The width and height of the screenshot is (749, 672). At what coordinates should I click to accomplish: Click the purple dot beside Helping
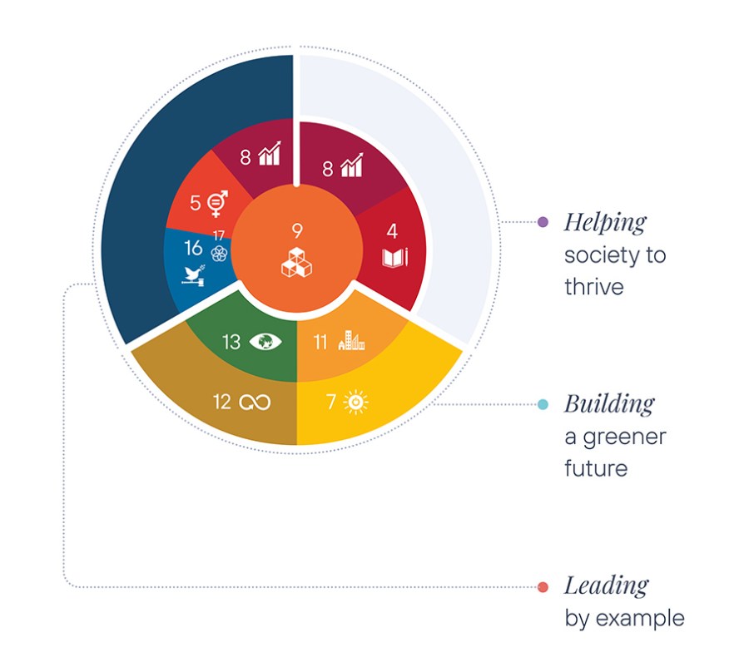pyautogui.click(x=543, y=222)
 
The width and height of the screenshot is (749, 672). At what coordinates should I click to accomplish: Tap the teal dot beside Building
pyautogui.click(x=543, y=404)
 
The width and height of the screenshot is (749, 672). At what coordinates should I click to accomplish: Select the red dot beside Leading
pyautogui.click(x=543, y=587)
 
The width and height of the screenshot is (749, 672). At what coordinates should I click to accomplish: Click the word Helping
pyautogui.click(x=605, y=223)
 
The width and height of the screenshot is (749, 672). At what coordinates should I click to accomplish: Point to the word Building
pyautogui.click(x=609, y=403)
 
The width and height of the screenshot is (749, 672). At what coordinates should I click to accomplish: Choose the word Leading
pyautogui.click(x=606, y=586)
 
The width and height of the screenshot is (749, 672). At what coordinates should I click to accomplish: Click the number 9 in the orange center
pyautogui.click(x=297, y=231)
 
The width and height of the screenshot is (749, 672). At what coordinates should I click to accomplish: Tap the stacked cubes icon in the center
pyautogui.click(x=296, y=262)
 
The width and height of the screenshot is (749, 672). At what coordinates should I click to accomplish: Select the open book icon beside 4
pyautogui.click(x=395, y=258)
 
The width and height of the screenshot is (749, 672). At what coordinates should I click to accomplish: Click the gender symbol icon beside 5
pyautogui.click(x=217, y=204)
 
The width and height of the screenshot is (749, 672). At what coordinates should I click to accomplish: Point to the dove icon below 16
pyautogui.click(x=193, y=275)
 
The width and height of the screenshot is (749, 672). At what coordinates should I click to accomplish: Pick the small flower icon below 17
pyautogui.click(x=219, y=254)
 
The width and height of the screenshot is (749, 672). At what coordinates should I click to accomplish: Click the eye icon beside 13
pyautogui.click(x=265, y=342)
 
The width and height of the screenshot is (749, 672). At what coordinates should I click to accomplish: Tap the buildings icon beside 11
pyautogui.click(x=351, y=340)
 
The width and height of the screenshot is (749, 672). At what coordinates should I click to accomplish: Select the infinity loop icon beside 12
pyautogui.click(x=255, y=403)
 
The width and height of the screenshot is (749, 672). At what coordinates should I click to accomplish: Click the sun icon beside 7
pyautogui.click(x=356, y=403)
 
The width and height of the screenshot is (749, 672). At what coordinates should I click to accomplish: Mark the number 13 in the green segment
pyautogui.click(x=231, y=342)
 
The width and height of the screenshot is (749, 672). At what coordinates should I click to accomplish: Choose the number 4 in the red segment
pyautogui.click(x=392, y=231)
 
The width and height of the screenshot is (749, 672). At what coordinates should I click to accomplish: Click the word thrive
pyautogui.click(x=594, y=287)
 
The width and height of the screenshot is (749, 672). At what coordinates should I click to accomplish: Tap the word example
pyautogui.click(x=640, y=619)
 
